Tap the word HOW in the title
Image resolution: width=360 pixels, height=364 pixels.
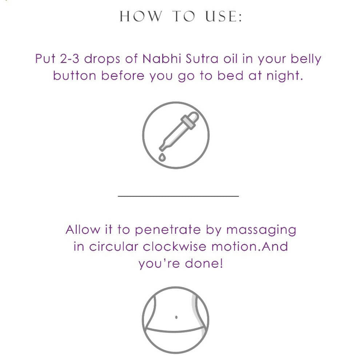click(141, 17)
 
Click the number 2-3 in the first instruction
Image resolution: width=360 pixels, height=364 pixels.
click(69, 59)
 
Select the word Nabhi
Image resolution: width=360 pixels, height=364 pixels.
click(161, 58)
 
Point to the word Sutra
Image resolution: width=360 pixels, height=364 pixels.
click(202, 59)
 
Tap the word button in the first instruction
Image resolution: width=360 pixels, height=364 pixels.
click(75, 75)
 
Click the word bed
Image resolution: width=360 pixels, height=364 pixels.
click(230, 75)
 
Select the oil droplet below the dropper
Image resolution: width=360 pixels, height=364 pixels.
click(162, 157)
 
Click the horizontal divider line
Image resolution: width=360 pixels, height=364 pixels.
click(179, 196)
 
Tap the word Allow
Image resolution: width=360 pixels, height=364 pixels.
click(83, 229)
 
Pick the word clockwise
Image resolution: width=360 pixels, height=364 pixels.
click(175, 246)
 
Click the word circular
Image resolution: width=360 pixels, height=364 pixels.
click(113, 246)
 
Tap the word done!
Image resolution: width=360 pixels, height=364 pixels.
click(204, 263)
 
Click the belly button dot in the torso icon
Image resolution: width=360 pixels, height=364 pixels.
click(176, 317)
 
